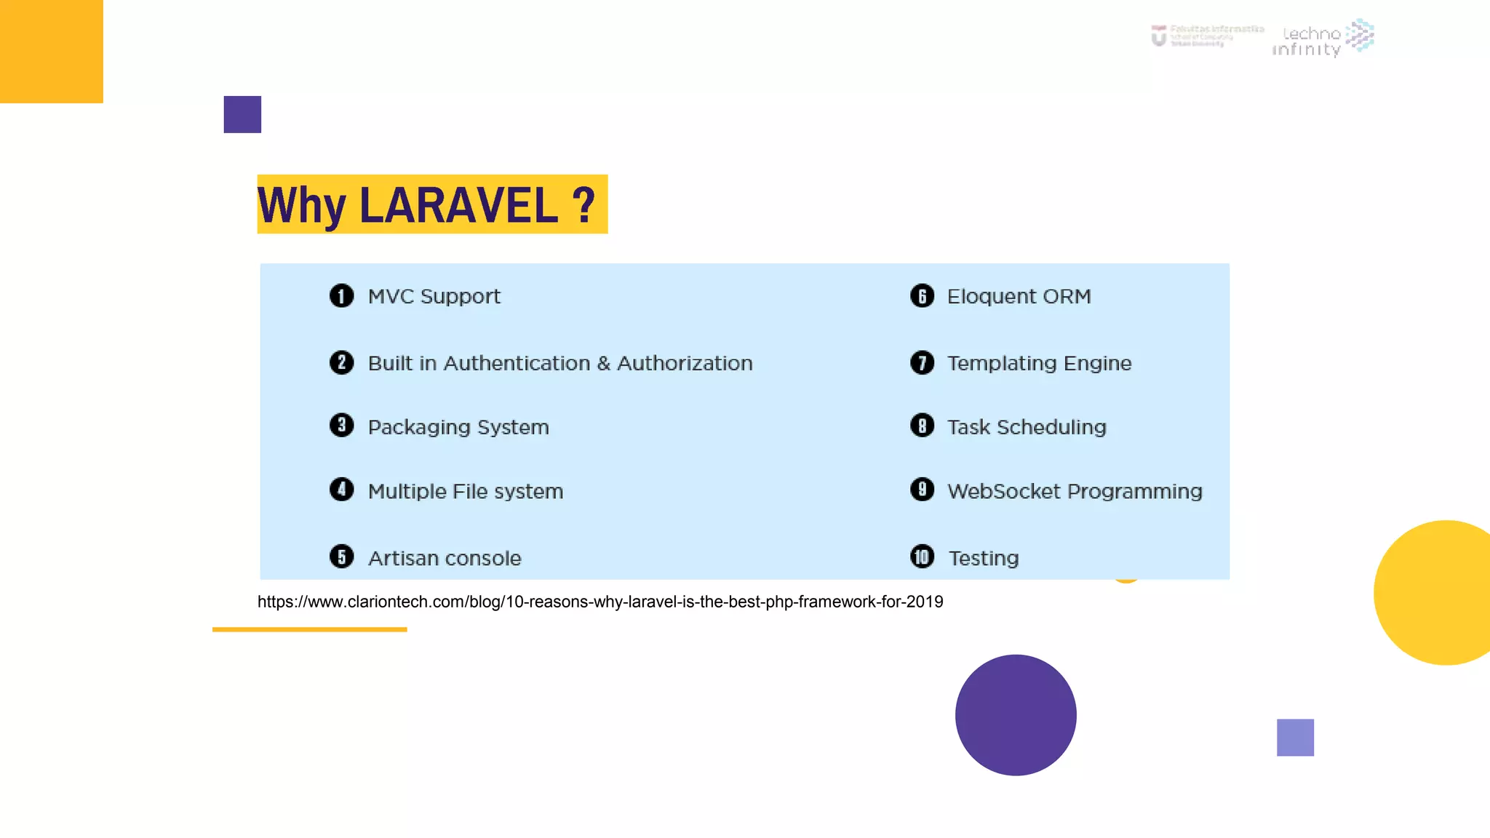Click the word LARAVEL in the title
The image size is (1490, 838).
[x=458, y=206]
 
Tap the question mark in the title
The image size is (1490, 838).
[x=583, y=206]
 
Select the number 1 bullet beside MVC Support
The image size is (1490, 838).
[x=341, y=296]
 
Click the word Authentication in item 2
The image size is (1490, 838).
[x=517, y=363]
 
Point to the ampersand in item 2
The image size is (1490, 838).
[x=603, y=363]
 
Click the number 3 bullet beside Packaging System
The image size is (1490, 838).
[x=341, y=426]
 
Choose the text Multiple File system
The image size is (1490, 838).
[x=466, y=492]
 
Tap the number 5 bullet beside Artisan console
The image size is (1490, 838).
[x=341, y=557]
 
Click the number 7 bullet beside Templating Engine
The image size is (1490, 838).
[x=922, y=362]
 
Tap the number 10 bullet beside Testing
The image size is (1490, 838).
[x=922, y=557]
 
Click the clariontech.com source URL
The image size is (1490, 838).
[x=600, y=602]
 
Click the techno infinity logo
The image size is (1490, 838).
[x=1323, y=38]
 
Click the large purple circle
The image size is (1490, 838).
[x=1016, y=715]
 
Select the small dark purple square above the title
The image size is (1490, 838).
[x=242, y=114]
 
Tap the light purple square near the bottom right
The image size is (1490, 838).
[x=1295, y=738]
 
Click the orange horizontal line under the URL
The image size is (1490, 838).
[x=309, y=629]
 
